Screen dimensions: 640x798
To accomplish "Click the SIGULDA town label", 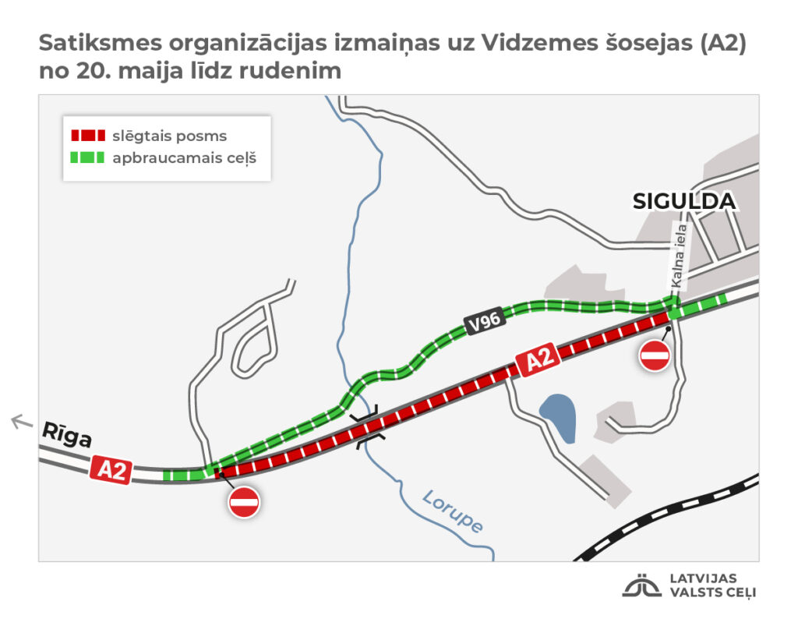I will (683, 201).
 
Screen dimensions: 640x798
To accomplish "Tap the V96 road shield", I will (483, 322).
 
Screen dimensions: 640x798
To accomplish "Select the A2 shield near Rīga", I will (110, 470).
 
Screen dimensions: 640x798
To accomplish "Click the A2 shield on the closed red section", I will (538, 361).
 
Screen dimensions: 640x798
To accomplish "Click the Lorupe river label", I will (453, 511).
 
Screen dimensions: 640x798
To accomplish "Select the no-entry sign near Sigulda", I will (654, 355).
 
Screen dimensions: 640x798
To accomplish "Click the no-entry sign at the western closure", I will (244, 502).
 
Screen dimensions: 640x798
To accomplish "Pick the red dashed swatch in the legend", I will (87, 136).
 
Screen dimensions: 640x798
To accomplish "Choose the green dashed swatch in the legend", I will (87, 157).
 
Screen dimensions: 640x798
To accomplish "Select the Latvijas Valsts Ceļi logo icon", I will (641, 586).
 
